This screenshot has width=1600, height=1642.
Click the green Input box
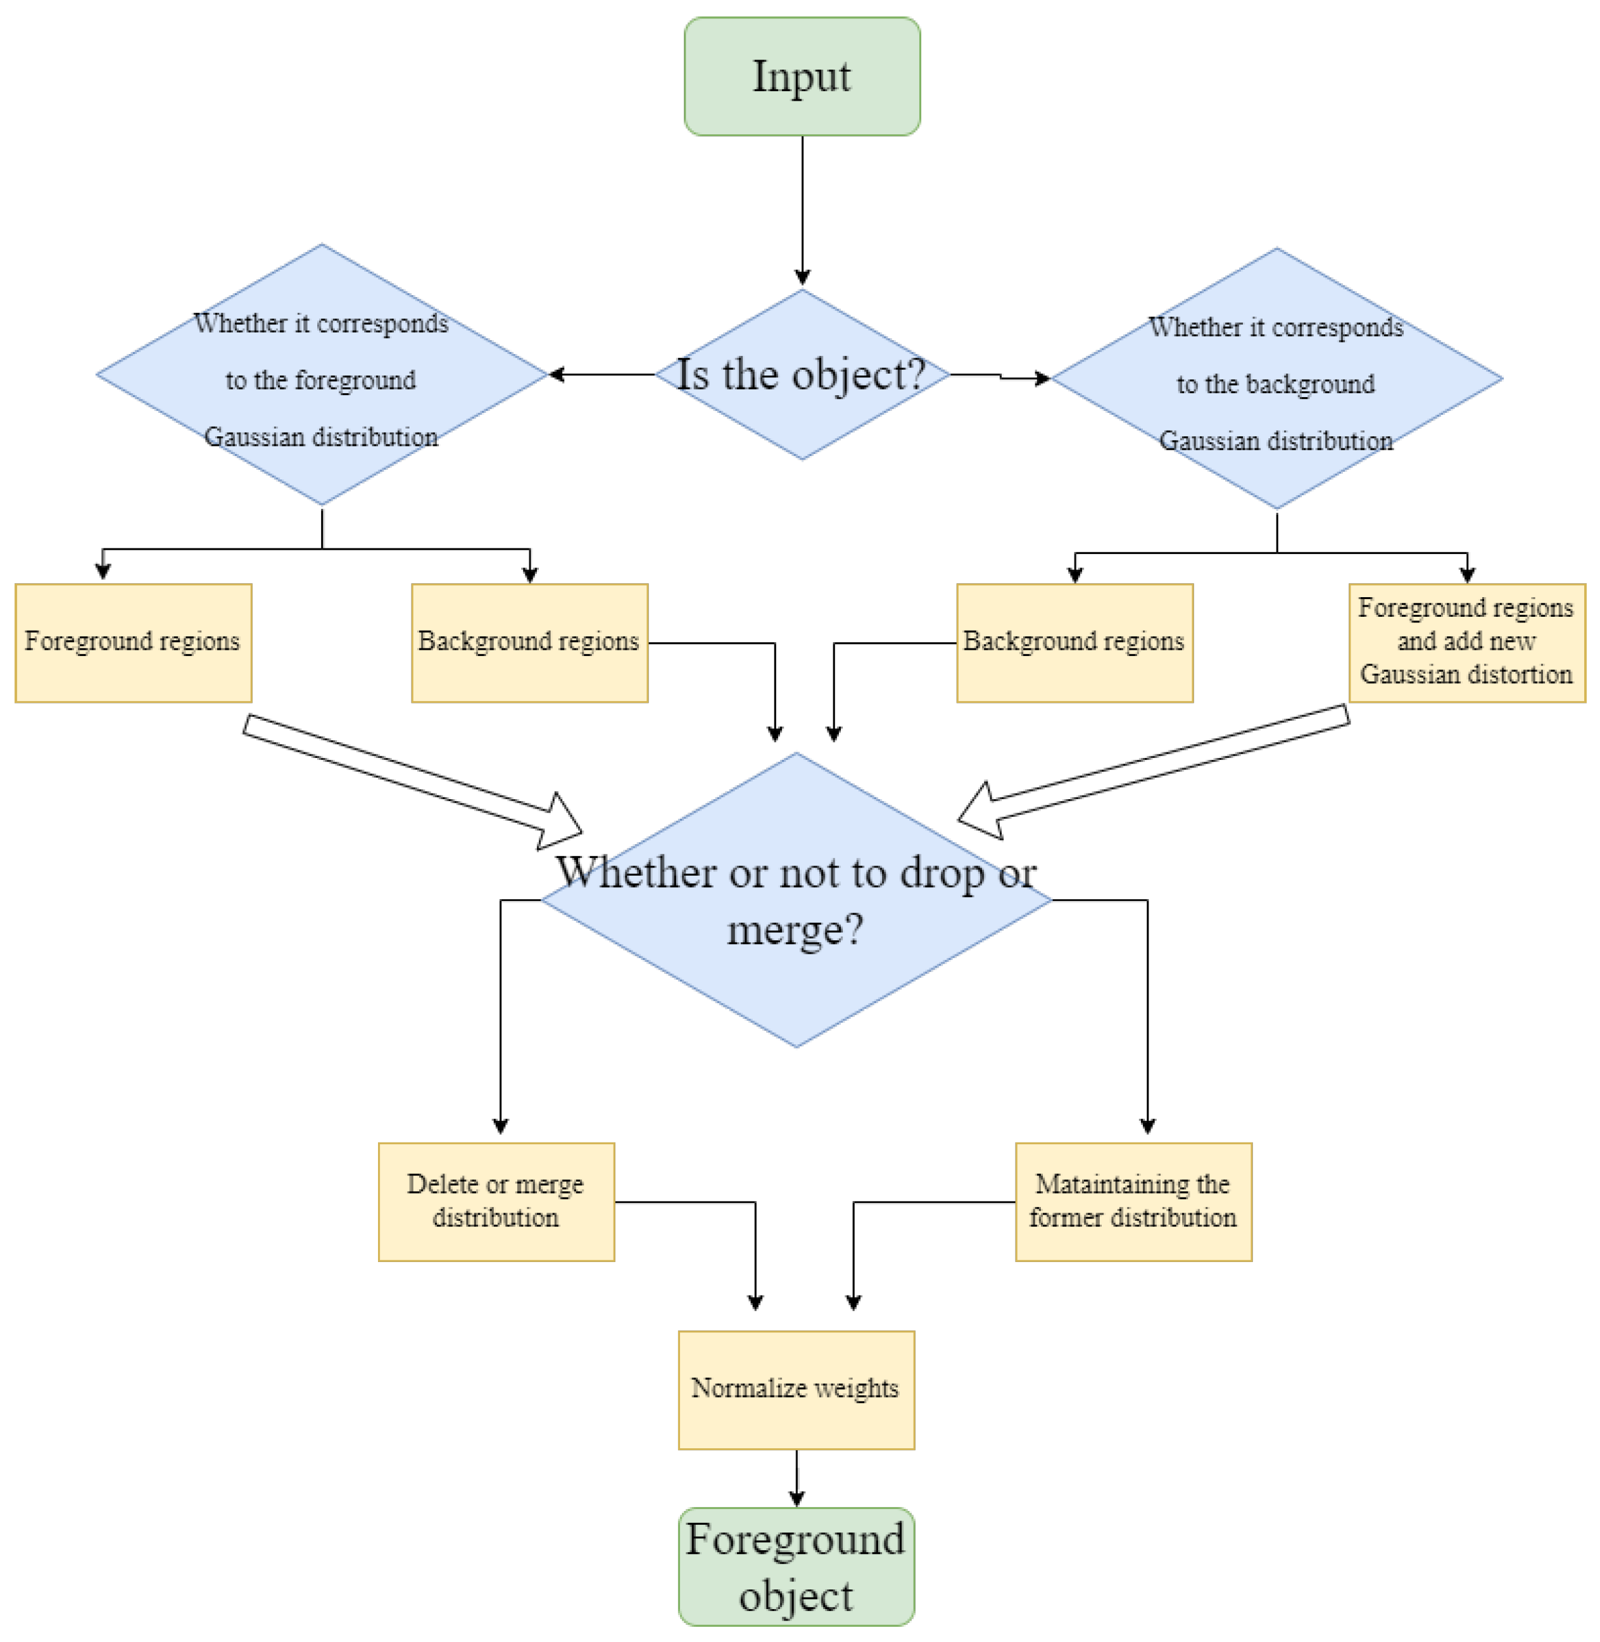[x=801, y=77]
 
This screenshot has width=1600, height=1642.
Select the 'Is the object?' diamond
[x=801, y=375]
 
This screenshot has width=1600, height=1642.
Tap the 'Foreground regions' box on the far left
[x=133, y=643]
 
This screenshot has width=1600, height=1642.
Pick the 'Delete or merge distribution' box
[x=496, y=1202]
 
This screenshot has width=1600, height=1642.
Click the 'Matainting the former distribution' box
[x=1133, y=1202]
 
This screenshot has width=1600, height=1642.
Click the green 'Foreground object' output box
[x=796, y=1567]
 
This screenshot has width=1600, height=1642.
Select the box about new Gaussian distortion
[x=1466, y=643]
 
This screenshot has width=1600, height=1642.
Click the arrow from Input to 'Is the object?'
[x=802, y=210]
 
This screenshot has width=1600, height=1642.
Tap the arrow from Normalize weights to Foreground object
[x=796, y=1477]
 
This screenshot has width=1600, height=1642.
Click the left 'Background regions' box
[x=529, y=643]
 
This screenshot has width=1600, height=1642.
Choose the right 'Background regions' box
[x=1074, y=643]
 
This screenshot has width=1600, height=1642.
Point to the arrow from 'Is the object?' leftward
[x=601, y=375]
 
